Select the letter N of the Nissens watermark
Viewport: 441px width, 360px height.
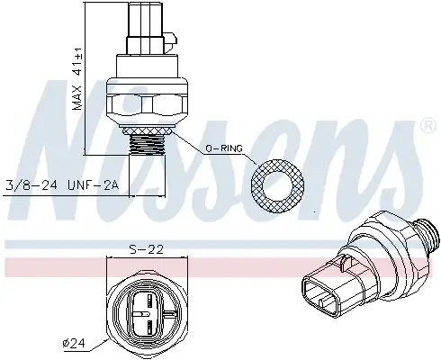(72, 153)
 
